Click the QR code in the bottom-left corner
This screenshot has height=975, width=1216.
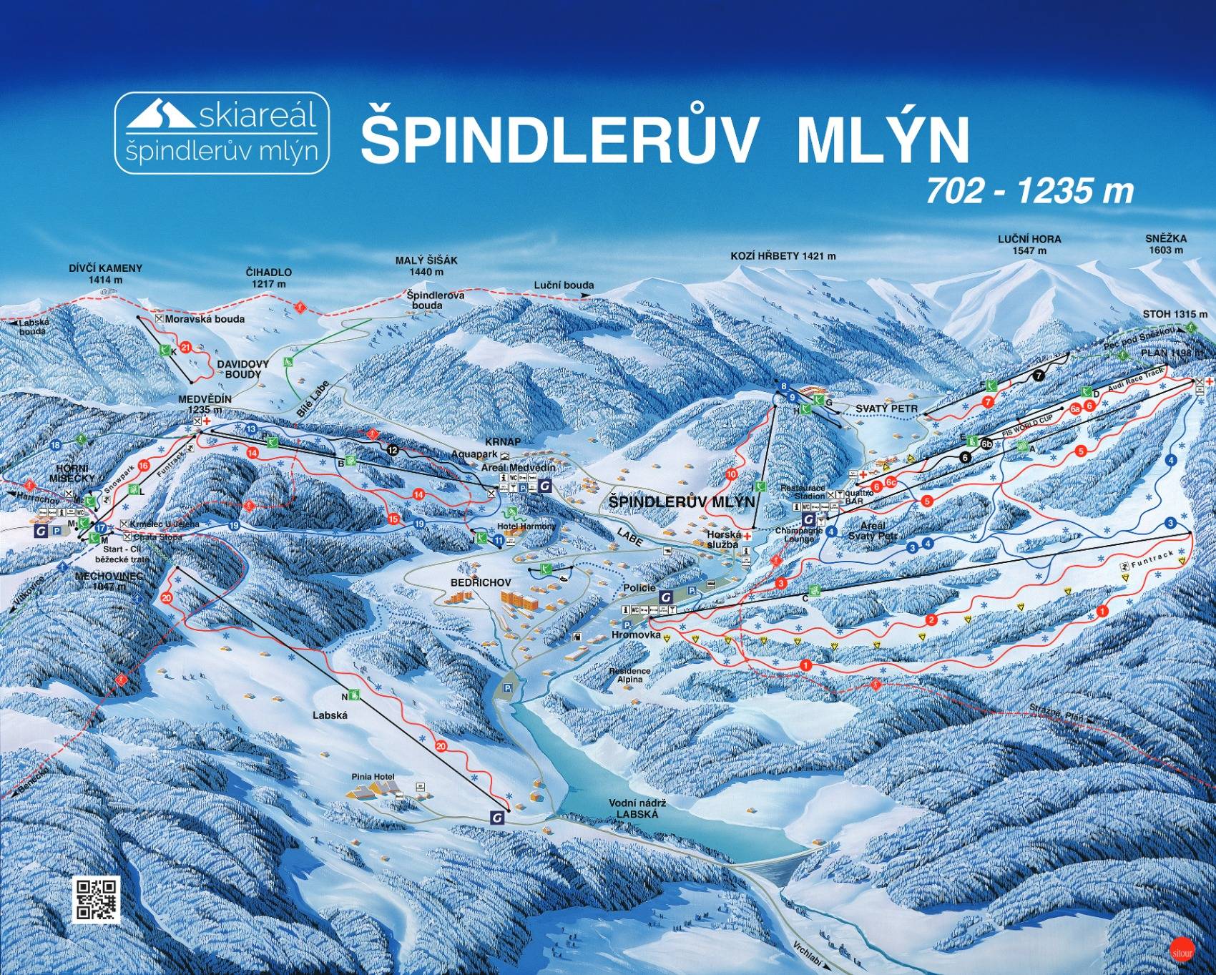97,898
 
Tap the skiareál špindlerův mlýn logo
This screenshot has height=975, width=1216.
222,133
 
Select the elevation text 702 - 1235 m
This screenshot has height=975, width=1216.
1030,191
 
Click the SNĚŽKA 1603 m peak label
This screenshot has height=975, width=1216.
1165,245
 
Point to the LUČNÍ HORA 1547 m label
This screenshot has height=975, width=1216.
1029,245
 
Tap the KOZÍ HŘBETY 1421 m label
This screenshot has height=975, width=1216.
783,255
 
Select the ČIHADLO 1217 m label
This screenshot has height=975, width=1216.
268,278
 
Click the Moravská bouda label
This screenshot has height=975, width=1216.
205,319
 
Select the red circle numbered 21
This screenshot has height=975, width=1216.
186,348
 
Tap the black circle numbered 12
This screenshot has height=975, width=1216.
391,449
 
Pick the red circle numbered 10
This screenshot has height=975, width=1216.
731,474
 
